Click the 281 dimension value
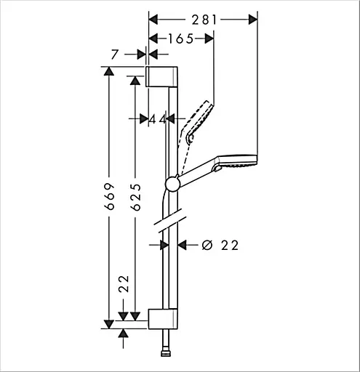click(x=204, y=20)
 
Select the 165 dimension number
click(x=181, y=39)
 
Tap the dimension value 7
click(x=114, y=54)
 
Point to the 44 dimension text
click(x=157, y=119)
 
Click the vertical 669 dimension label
click(x=109, y=196)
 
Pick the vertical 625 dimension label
click(x=135, y=197)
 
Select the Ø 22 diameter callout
click(x=220, y=246)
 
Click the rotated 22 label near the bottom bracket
click(x=124, y=284)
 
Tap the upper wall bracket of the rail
click(x=161, y=76)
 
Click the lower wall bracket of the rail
click(x=163, y=319)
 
